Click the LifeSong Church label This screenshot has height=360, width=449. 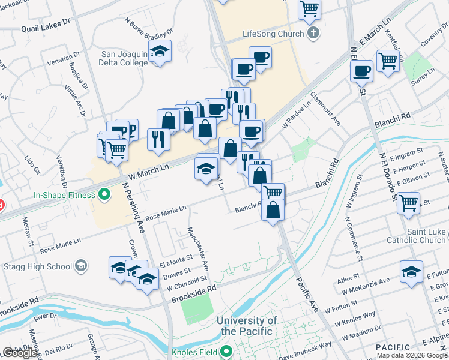[x=273, y=34]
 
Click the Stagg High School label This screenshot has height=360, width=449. [x=38, y=266]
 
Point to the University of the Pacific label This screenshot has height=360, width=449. [x=247, y=326]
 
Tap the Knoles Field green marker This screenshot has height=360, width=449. [x=226, y=351]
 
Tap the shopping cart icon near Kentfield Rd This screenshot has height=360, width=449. [x=388, y=61]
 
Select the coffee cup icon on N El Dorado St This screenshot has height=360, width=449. [x=362, y=71]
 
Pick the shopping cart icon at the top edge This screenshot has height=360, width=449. [x=310, y=8]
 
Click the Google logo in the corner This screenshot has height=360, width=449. [x=19, y=353]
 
